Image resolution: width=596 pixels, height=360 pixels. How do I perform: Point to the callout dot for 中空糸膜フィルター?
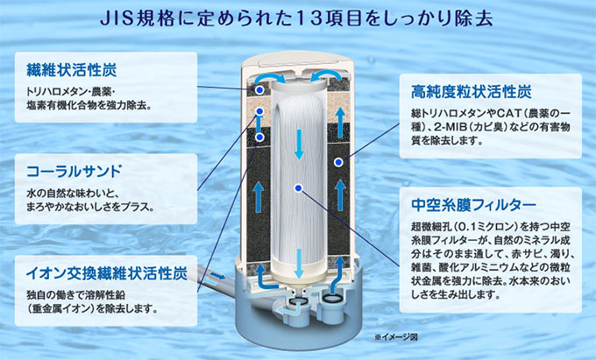coord(300,187)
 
